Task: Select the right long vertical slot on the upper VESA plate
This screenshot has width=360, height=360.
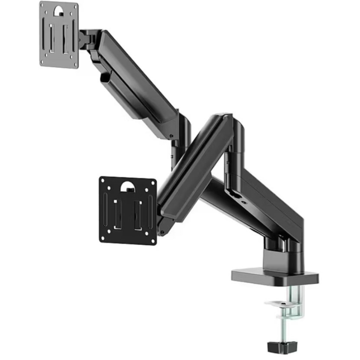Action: coord(73,36)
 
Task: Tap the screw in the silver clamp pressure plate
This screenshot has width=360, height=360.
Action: coord(284,305)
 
